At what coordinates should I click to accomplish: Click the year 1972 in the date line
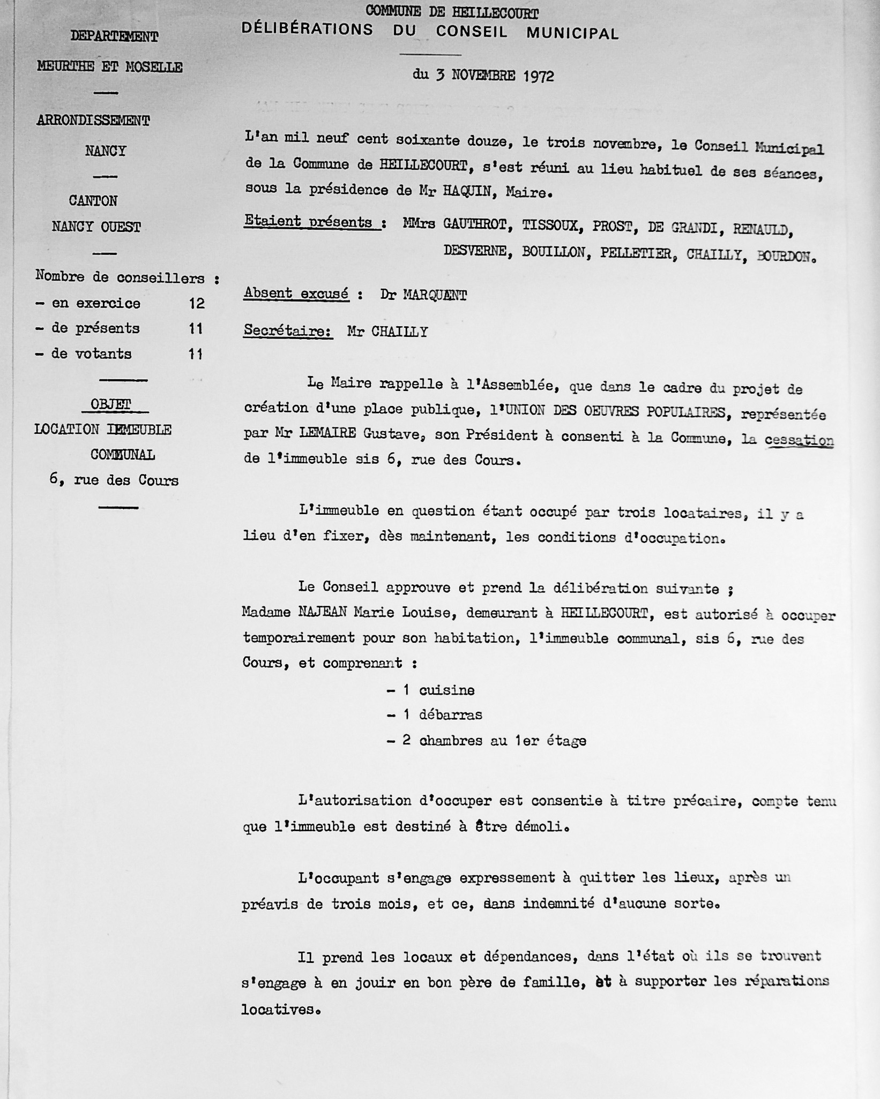[538, 76]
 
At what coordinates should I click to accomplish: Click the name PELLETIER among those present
[636, 253]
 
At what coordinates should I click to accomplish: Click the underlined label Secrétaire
[287, 331]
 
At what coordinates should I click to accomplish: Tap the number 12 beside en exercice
[196, 304]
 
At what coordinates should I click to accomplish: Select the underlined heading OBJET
[111, 405]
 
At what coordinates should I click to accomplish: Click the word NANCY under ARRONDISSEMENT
[105, 151]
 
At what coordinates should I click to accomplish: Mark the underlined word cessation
[799, 440]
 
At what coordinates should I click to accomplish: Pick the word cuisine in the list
[446, 690]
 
